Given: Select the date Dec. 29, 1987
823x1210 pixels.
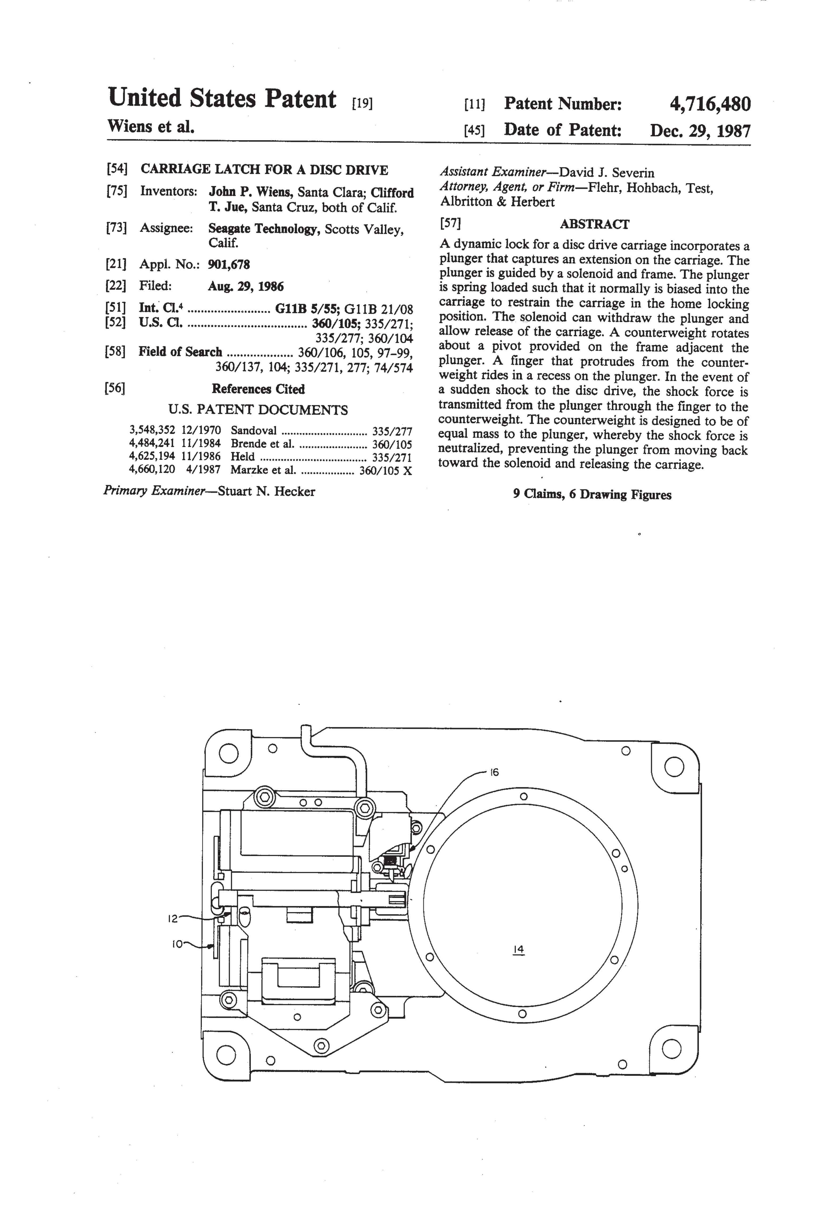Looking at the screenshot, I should point(700,130).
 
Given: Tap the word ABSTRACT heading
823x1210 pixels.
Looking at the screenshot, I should point(594,224).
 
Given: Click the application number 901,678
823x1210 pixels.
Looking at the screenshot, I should point(229,264).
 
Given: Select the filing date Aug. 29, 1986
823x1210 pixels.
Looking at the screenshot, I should point(246,286).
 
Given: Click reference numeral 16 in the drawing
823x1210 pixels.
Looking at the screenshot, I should point(494,772).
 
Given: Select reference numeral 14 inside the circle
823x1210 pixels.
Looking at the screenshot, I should point(518,949).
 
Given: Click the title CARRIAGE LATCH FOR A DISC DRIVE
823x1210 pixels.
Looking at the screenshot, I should point(264,170).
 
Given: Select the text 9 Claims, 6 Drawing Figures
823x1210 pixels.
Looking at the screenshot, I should point(592,494).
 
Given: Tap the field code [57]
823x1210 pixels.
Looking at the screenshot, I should point(451,223).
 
